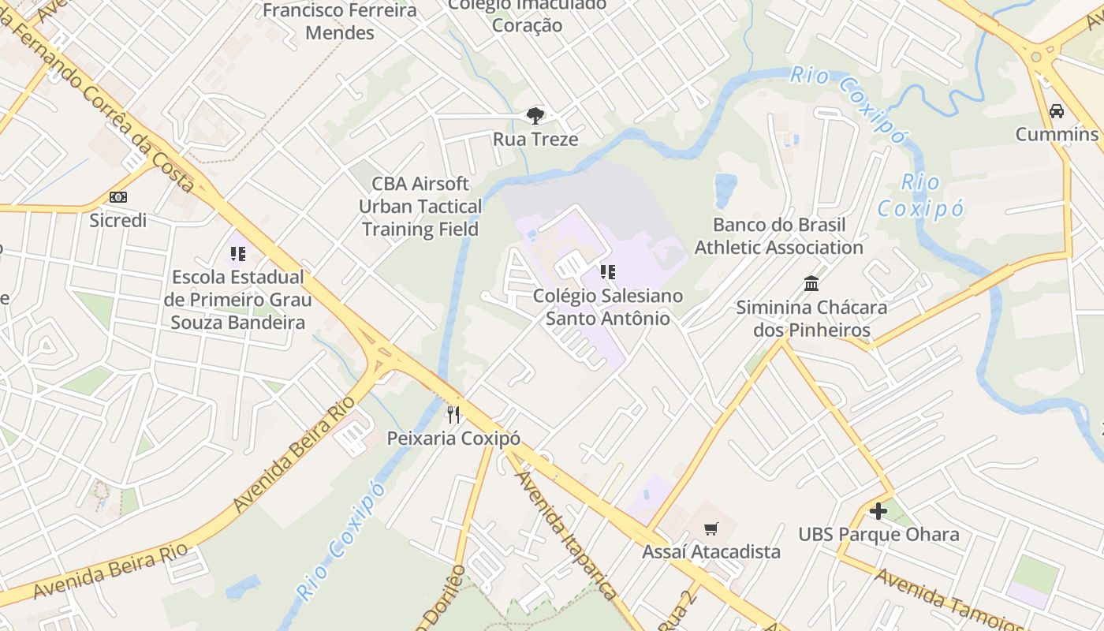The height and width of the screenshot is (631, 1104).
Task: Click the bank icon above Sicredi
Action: [x=118, y=197]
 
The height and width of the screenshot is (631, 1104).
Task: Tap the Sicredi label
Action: [x=118, y=220]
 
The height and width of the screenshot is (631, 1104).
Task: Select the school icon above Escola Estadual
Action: [x=237, y=254]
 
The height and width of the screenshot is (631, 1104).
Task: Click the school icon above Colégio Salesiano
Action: [x=607, y=273]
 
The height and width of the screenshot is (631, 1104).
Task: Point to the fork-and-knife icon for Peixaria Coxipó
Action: [x=453, y=415]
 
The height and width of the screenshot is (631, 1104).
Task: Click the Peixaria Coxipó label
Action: [x=453, y=439]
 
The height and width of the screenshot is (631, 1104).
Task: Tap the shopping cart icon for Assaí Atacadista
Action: [x=711, y=528]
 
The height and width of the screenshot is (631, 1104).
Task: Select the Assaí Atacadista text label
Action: [x=711, y=551]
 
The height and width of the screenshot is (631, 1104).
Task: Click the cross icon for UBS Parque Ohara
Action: [x=878, y=511]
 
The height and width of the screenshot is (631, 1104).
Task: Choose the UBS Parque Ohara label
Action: [x=878, y=534]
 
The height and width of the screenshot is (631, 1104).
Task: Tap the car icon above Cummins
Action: [x=1057, y=111]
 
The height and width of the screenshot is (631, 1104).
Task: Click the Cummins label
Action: [x=1057, y=134]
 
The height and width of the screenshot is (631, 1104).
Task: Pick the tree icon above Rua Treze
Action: [x=535, y=116]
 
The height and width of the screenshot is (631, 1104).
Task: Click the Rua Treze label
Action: [x=535, y=140]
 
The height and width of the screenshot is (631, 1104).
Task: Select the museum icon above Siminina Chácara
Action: [x=811, y=283]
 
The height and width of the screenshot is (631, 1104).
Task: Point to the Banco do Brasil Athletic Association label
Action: [x=778, y=236]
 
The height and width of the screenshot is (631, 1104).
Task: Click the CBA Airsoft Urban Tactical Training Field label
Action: [x=420, y=207]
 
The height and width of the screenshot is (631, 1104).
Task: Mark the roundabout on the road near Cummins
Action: [x=1036, y=55]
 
